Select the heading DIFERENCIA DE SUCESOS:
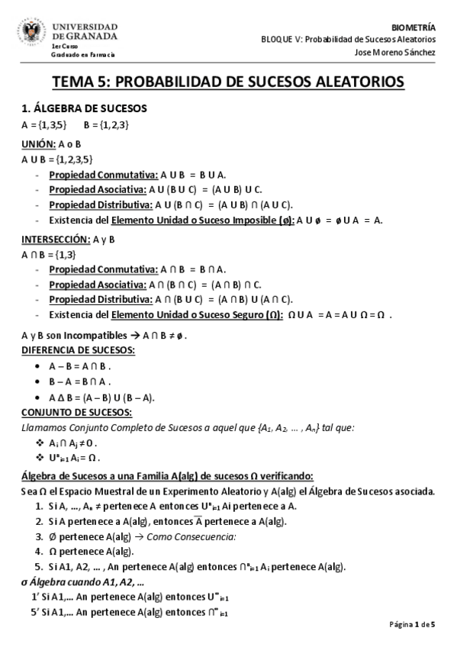[x=78, y=350]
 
